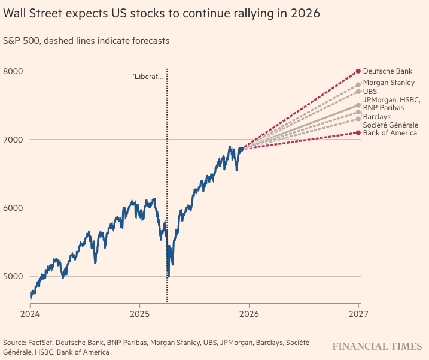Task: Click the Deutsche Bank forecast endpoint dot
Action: pos(358,71)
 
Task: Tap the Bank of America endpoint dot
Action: pos(358,132)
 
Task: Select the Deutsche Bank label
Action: pos(388,71)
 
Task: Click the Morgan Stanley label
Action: pos(388,82)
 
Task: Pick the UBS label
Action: pos(370,91)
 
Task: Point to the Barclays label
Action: pos(376,116)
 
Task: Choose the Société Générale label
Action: pos(390,125)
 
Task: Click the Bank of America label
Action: pos(390,133)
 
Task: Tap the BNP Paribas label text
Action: pos(383,108)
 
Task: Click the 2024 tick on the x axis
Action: pos(30,313)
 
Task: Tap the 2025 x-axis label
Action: pos(139,313)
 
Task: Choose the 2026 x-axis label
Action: pos(249,313)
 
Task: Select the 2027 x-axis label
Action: pos(358,313)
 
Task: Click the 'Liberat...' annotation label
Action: pos(147,77)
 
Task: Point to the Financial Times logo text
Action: pos(376,346)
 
